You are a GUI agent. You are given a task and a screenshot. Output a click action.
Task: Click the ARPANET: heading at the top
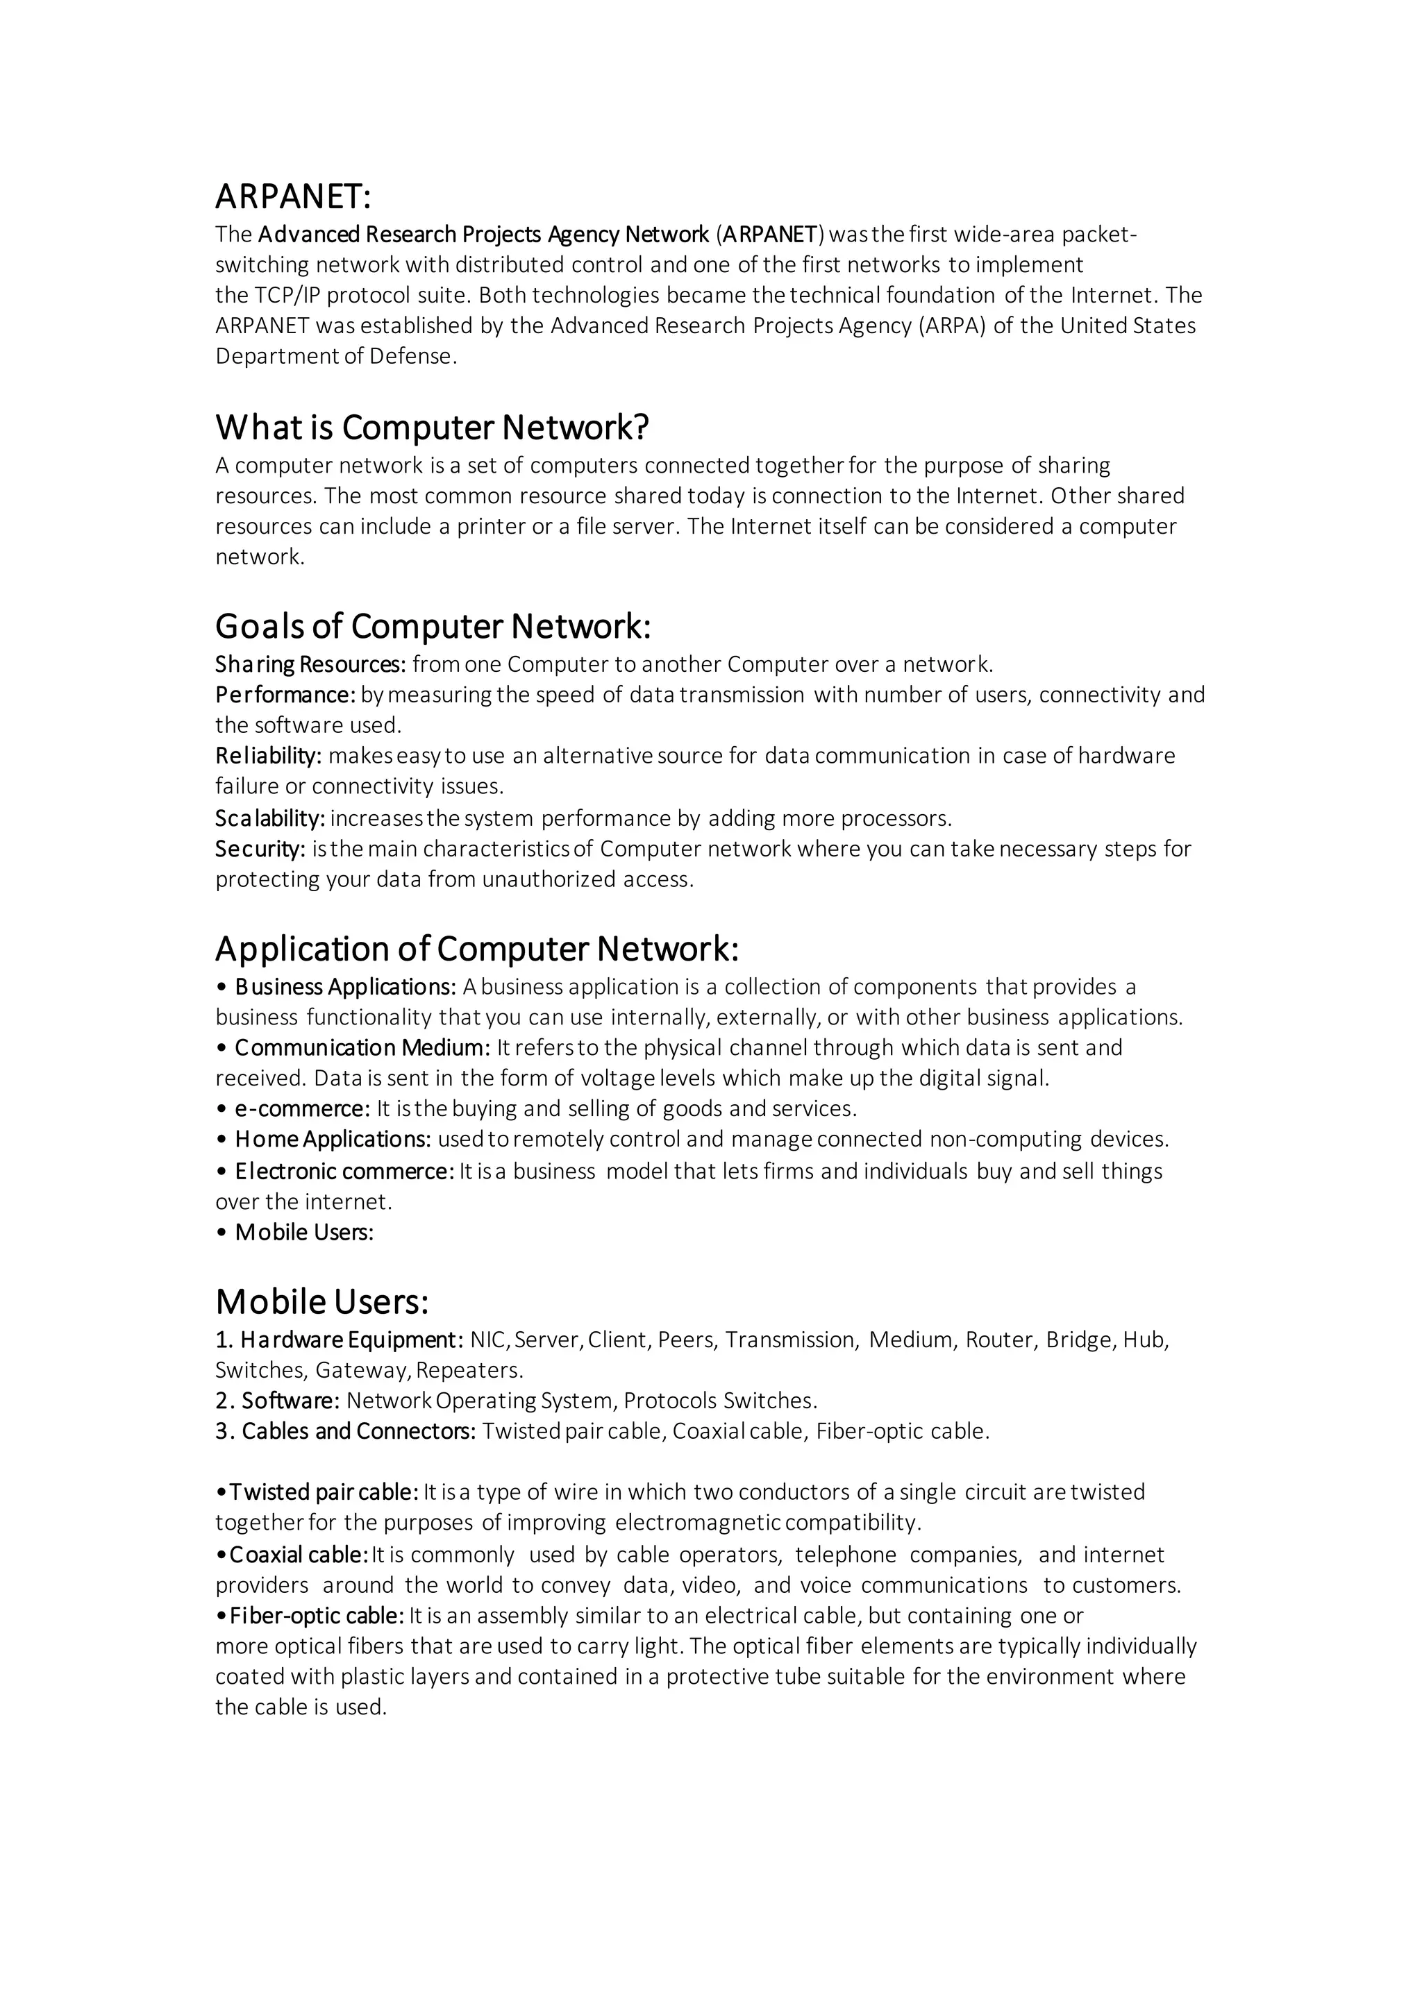pyautogui.click(x=293, y=197)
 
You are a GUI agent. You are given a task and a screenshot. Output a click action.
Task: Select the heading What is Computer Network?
pyautogui.click(x=432, y=428)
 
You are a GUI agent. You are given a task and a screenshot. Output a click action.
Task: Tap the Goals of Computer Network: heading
pyautogui.click(x=433, y=626)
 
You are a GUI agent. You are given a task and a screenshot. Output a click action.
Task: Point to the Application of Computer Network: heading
pyautogui.click(x=477, y=948)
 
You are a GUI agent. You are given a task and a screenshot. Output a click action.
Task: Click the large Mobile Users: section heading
pyautogui.click(x=321, y=1302)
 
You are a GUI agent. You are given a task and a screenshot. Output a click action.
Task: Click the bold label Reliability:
pyautogui.click(x=269, y=756)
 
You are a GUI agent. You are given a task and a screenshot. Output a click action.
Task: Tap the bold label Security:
pyautogui.click(x=260, y=849)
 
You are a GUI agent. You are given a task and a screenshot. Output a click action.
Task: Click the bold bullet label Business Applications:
pyautogui.click(x=345, y=987)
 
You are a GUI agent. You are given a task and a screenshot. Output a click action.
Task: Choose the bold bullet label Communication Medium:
pyautogui.click(x=362, y=1048)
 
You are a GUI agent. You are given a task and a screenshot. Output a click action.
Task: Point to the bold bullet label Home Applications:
pyautogui.click(x=333, y=1140)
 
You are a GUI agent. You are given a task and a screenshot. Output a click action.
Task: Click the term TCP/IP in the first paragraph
pyautogui.click(x=283, y=295)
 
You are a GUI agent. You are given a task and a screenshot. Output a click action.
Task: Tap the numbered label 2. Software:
pyautogui.click(x=278, y=1401)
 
